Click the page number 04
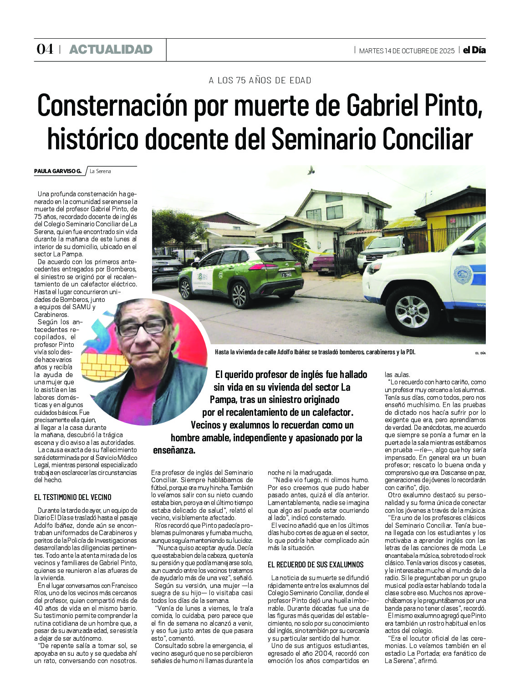coord(45,49)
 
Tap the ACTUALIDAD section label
coord(111,50)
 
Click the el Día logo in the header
coord(474,50)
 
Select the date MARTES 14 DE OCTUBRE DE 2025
coord(407,51)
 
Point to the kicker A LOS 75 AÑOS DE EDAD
coord(260,81)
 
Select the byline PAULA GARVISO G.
coord(58,171)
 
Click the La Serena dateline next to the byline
coord(100,171)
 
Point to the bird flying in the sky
coord(311,170)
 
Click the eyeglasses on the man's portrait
coord(143,327)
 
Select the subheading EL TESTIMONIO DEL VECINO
coord(73,497)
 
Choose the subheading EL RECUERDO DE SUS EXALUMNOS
coord(316,565)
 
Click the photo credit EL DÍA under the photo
coord(480,353)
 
